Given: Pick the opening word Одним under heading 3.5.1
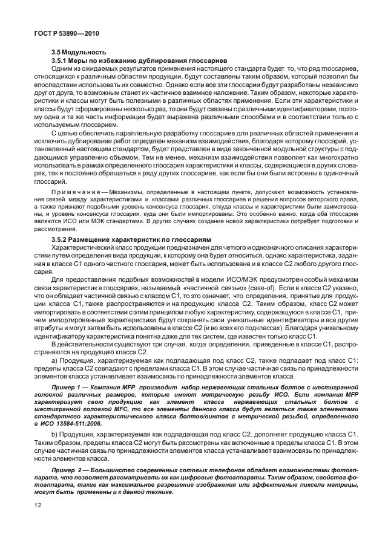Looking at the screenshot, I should point(62,70).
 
